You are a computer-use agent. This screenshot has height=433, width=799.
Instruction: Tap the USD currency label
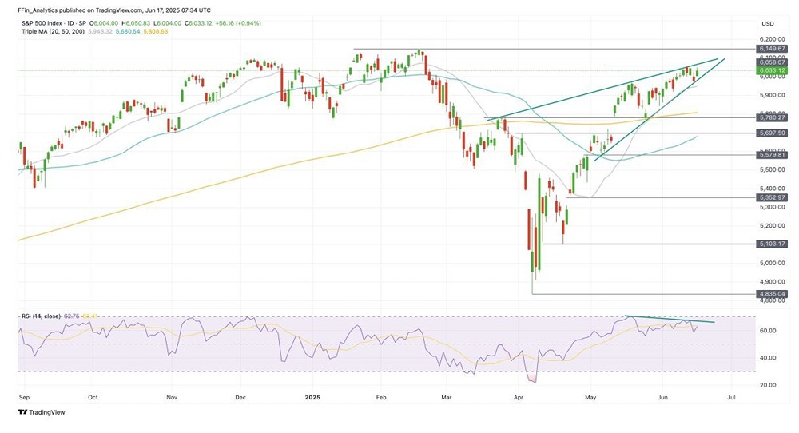coord(769,22)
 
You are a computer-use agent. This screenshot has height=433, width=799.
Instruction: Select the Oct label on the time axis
coord(93,395)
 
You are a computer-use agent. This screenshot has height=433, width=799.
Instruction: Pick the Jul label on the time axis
coord(730,395)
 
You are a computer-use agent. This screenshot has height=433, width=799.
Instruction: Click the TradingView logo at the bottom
coord(41,412)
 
